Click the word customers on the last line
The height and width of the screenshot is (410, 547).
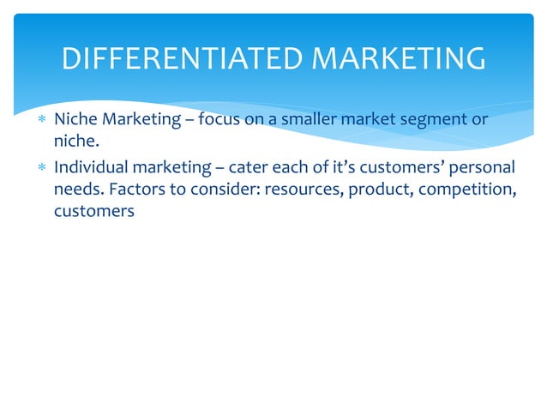point(94,212)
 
